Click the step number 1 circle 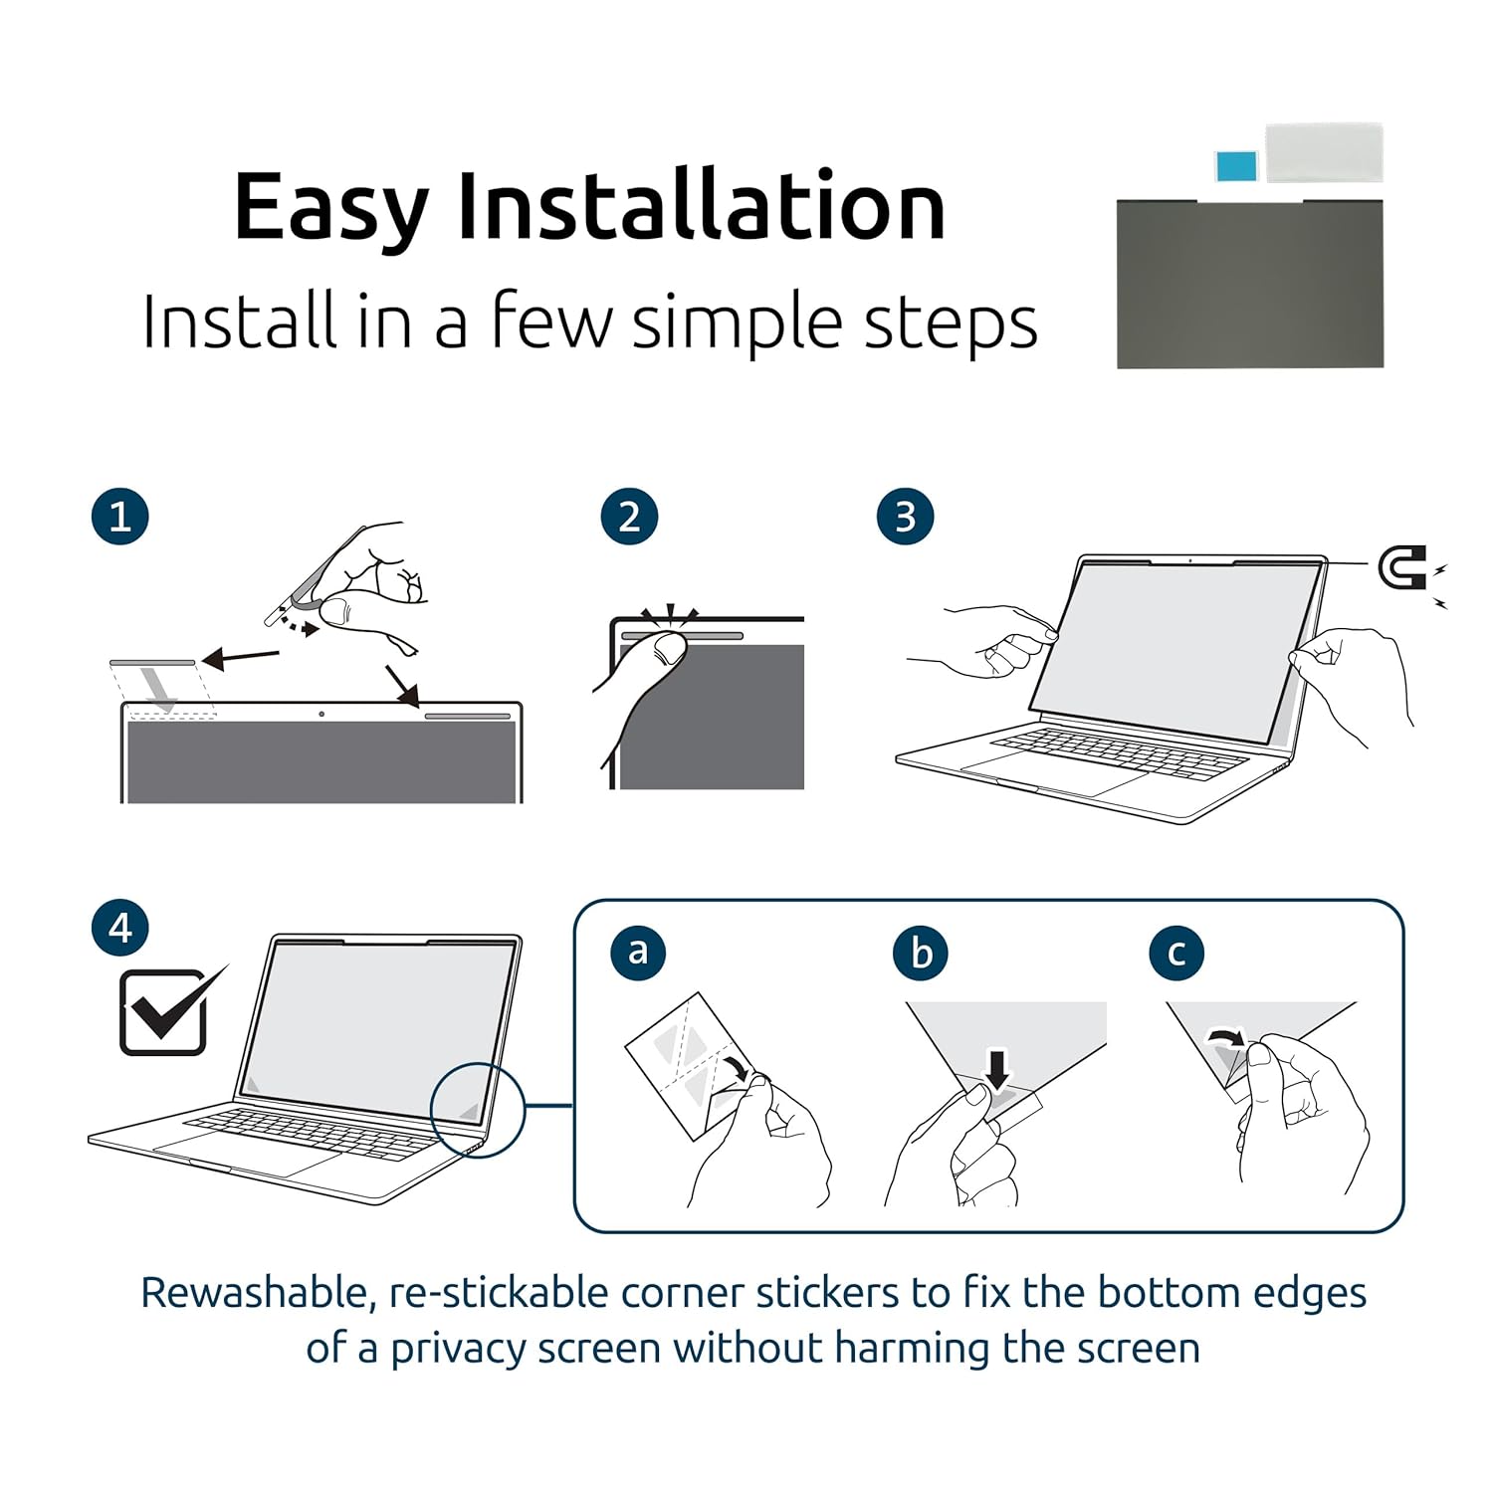[x=120, y=517]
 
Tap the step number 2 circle [x=629, y=517]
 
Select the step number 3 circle [x=905, y=517]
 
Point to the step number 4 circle [x=120, y=928]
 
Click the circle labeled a [x=638, y=952]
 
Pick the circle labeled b [x=921, y=952]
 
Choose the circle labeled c [x=1176, y=952]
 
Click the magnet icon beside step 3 [x=1402, y=568]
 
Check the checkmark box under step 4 [x=164, y=1012]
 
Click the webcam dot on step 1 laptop [x=321, y=714]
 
